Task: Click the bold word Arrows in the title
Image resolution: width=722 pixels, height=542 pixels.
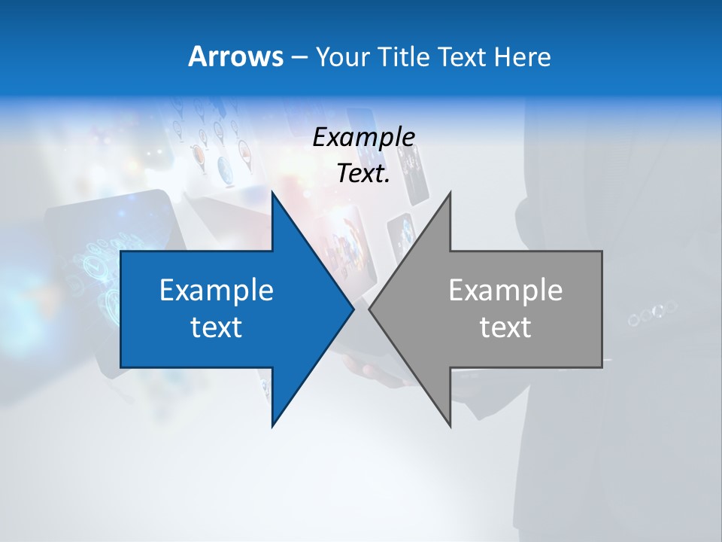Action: click(x=235, y=56)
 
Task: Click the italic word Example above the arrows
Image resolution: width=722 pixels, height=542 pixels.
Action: click(x=363, y=137)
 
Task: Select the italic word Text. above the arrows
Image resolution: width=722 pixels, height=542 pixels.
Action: click(x=363, y=174)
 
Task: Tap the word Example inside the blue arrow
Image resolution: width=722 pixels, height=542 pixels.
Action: click(x=217, y=291)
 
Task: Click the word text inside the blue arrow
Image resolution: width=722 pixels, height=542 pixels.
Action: click(x=217, y=327)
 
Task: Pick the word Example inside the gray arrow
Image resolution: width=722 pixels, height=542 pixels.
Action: click(x=505, y=291)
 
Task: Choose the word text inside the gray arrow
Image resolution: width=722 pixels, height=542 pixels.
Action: click(x=505, y=327)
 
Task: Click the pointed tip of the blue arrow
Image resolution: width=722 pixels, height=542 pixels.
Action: click(x=352, y=309)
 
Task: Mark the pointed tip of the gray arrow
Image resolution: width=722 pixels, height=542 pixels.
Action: click(x=371, y=309)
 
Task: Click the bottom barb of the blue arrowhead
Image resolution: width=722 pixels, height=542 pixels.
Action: click(x=274, y=423)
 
